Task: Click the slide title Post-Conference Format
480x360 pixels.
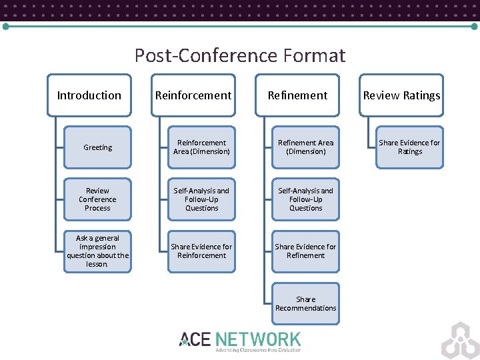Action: click(239, 55)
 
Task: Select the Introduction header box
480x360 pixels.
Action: click(89, 95)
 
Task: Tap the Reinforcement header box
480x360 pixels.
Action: click(193, 95)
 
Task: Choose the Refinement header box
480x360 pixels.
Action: click(297, 95)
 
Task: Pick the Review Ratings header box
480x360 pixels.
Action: click(401, 95)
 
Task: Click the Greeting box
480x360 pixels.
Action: click(97, 147)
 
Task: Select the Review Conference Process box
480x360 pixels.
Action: click(97, 199)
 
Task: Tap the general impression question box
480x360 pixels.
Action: click(97, 251)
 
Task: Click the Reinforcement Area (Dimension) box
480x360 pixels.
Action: click(201, 147)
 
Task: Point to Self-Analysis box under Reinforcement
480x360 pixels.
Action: click(201, 199)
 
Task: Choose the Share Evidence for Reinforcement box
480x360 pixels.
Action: click(201, 251)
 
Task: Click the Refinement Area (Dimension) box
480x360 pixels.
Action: click(305, 147)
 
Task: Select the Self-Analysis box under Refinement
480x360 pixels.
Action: click(305, 199)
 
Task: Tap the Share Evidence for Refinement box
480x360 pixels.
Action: click(305, 251)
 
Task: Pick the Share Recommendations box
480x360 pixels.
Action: click(305, 303)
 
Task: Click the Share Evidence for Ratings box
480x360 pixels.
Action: click(409, 147)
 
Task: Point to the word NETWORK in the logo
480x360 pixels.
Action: click(258, 339)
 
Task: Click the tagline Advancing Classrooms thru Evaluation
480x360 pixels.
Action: click(258, 350)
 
